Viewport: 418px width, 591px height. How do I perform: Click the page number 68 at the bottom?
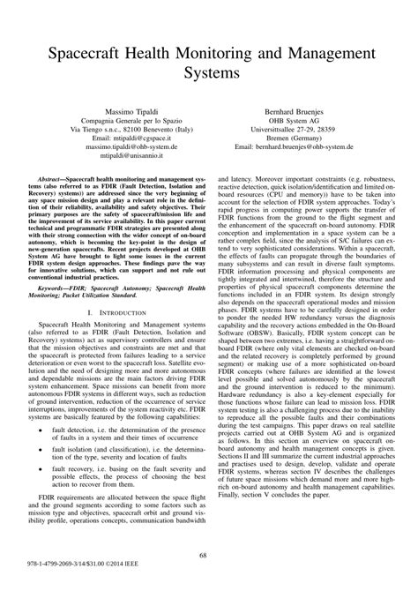click(x=209, y=555)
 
